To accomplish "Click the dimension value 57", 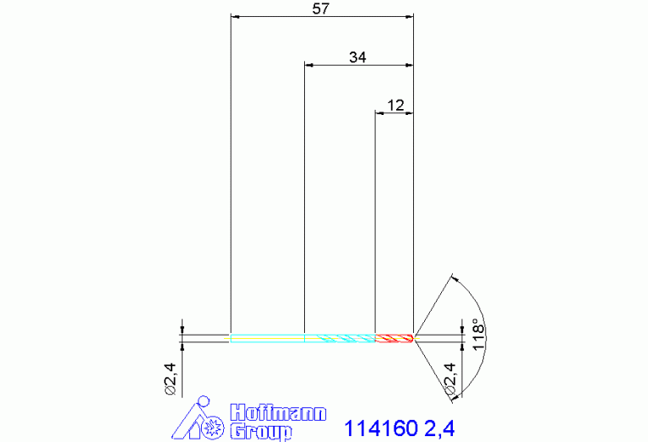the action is [320, 8].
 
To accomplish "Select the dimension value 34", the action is [357, 57].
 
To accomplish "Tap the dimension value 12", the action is [395, 106].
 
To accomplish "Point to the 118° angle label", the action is [477, 335].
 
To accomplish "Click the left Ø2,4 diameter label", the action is [171, 379].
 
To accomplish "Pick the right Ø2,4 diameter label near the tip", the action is [449, 379].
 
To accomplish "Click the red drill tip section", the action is [394, 338].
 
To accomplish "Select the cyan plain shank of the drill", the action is [267, 338].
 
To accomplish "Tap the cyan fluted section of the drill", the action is [340, 338].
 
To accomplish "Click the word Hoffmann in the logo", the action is [278, 412].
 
